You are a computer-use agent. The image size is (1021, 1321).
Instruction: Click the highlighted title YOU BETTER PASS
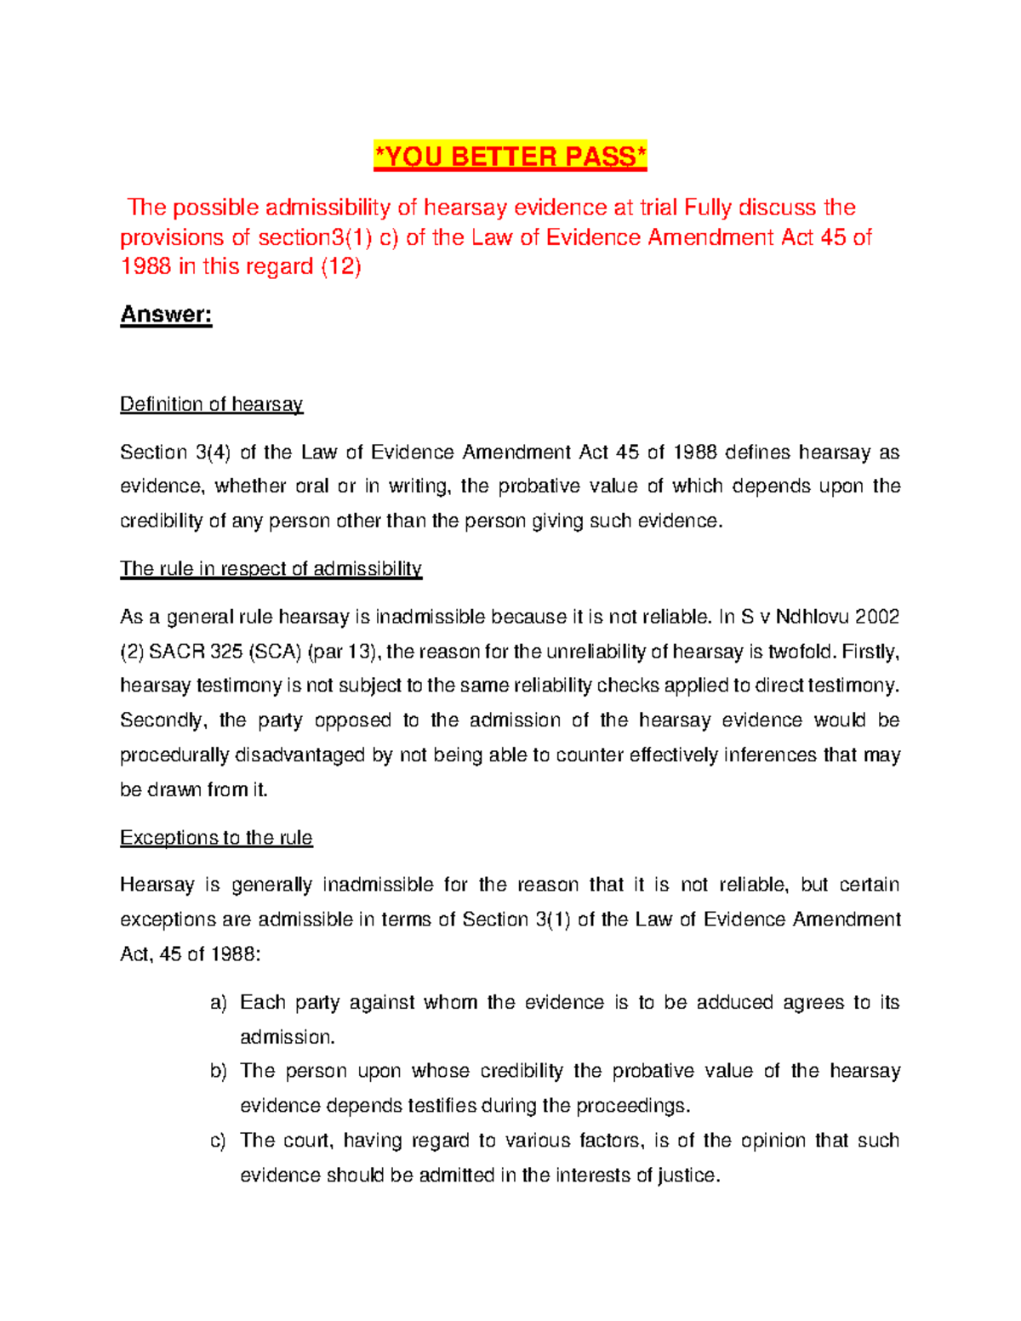[510, 157]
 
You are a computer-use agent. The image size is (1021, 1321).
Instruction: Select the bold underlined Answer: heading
[166, 315]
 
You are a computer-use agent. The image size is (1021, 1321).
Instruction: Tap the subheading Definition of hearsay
[211, 404]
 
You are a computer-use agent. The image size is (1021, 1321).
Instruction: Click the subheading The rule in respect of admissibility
[271, 568]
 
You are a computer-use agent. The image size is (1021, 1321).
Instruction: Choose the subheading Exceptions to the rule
[216, 838]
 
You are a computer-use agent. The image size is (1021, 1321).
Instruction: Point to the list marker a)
[219, 1003]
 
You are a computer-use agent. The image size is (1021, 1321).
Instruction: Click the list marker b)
[219, 1071]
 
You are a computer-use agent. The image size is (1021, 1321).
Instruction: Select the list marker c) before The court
[219, 1141]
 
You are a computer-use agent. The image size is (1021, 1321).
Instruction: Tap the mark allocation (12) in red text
[340, 267]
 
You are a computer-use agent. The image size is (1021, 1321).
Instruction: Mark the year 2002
[877, 617]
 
